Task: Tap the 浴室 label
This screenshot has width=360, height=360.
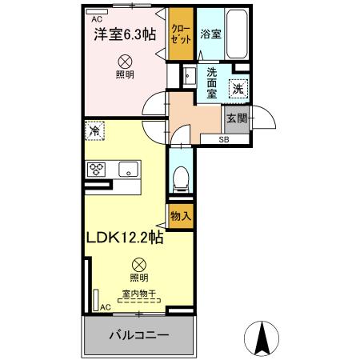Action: tap(210, 35)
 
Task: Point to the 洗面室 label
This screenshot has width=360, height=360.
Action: tap(212, 83)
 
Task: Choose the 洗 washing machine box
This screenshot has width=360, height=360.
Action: tap(238, 90)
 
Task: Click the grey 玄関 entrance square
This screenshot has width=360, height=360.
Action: tap(235, 118)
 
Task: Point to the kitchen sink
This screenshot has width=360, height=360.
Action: tap(128, 169)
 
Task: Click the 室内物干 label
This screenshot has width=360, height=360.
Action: tap(139, 294)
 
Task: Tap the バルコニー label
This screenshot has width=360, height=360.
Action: tap(139, 335)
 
